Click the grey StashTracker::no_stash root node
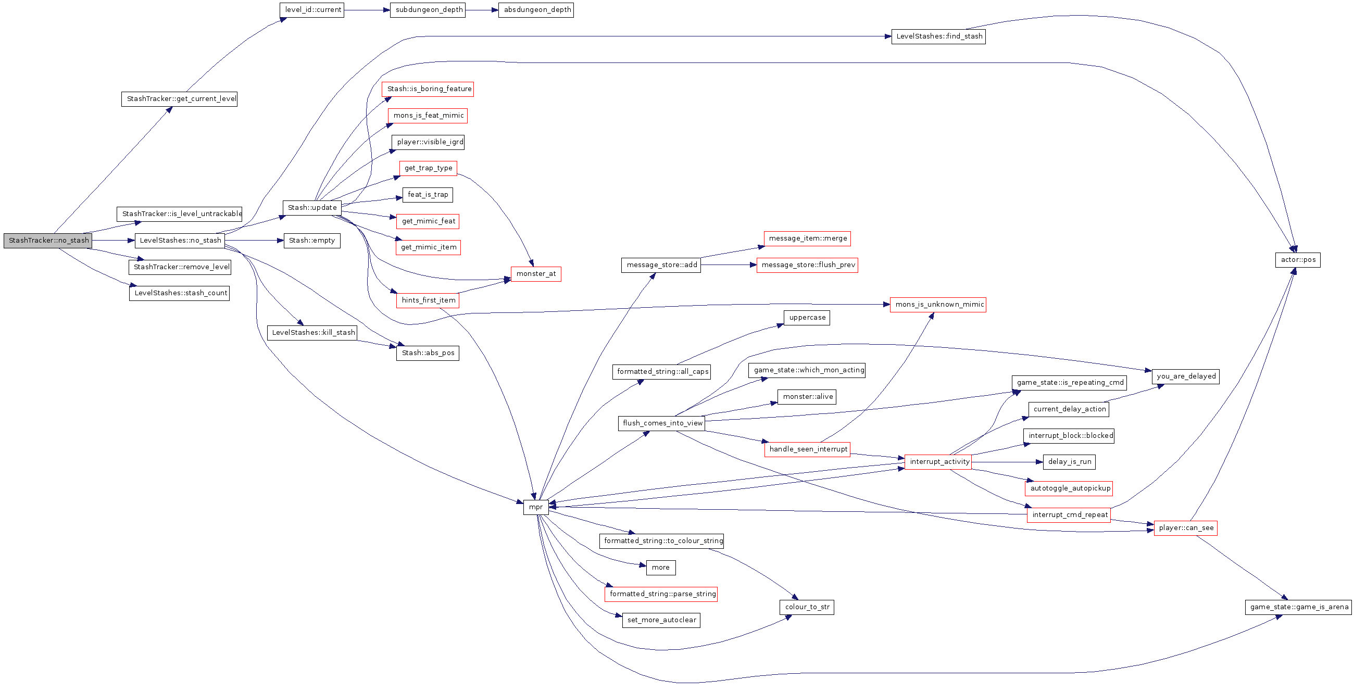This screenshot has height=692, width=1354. pos(48,241)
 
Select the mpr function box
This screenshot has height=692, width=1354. pos(535,507)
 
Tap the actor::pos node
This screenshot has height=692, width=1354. pos(1297,260)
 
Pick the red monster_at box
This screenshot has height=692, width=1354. pos(535,274)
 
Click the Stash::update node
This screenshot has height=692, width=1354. pos(312,208)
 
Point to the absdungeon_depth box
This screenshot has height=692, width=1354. pos(535,10)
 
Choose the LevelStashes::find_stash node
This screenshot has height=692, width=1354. pos(938,37)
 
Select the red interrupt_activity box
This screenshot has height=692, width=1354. pos(938,462)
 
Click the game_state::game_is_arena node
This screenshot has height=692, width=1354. pos(1298,607)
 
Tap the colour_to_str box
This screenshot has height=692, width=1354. pos(806,607)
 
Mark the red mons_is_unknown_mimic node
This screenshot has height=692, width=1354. pos(938,305)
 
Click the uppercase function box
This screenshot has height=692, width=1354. pos(806,318)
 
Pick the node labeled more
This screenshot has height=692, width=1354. pos(661,568)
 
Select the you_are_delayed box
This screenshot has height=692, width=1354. pos(1185,376)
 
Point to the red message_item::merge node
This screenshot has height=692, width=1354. pos(807,238)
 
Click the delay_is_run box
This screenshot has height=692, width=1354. pos(1069,462)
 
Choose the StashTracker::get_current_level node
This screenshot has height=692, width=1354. pos(179,99)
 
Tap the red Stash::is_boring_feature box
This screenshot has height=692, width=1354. pos(428,90)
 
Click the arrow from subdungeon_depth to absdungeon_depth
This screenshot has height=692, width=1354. pos(482,10)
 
